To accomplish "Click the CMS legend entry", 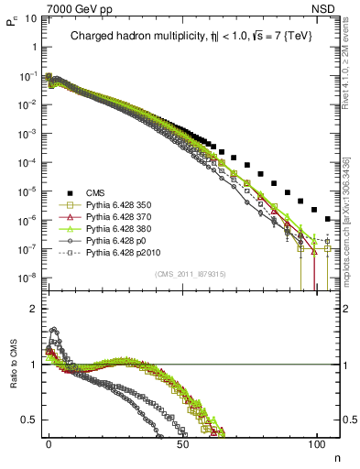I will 95,191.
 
